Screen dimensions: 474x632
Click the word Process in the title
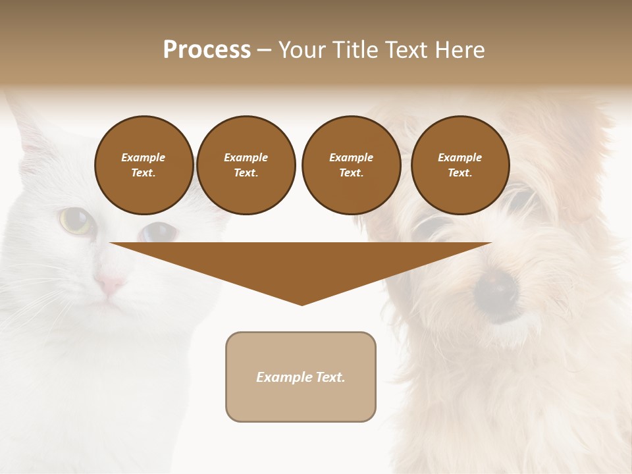[x=207, y=49]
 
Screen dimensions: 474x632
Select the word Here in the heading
[x=458, y=49]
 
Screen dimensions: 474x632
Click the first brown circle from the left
[x=144, y=165]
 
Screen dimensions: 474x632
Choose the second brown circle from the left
[x=246, y=165]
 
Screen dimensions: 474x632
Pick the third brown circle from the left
[x=351, y=165]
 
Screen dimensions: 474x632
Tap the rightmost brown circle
[x=460, y=165]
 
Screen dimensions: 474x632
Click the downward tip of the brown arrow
[x=302, y=303]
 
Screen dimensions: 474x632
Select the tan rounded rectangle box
[x=301, y=377]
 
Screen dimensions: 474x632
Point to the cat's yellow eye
[x=75, y=221]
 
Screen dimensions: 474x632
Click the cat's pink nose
[x=110, y=284]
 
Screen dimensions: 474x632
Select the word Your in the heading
[x=300, y=49]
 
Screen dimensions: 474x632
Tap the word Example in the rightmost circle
[x=460, y=157]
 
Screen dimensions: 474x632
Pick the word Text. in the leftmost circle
[x=144, y=173]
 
